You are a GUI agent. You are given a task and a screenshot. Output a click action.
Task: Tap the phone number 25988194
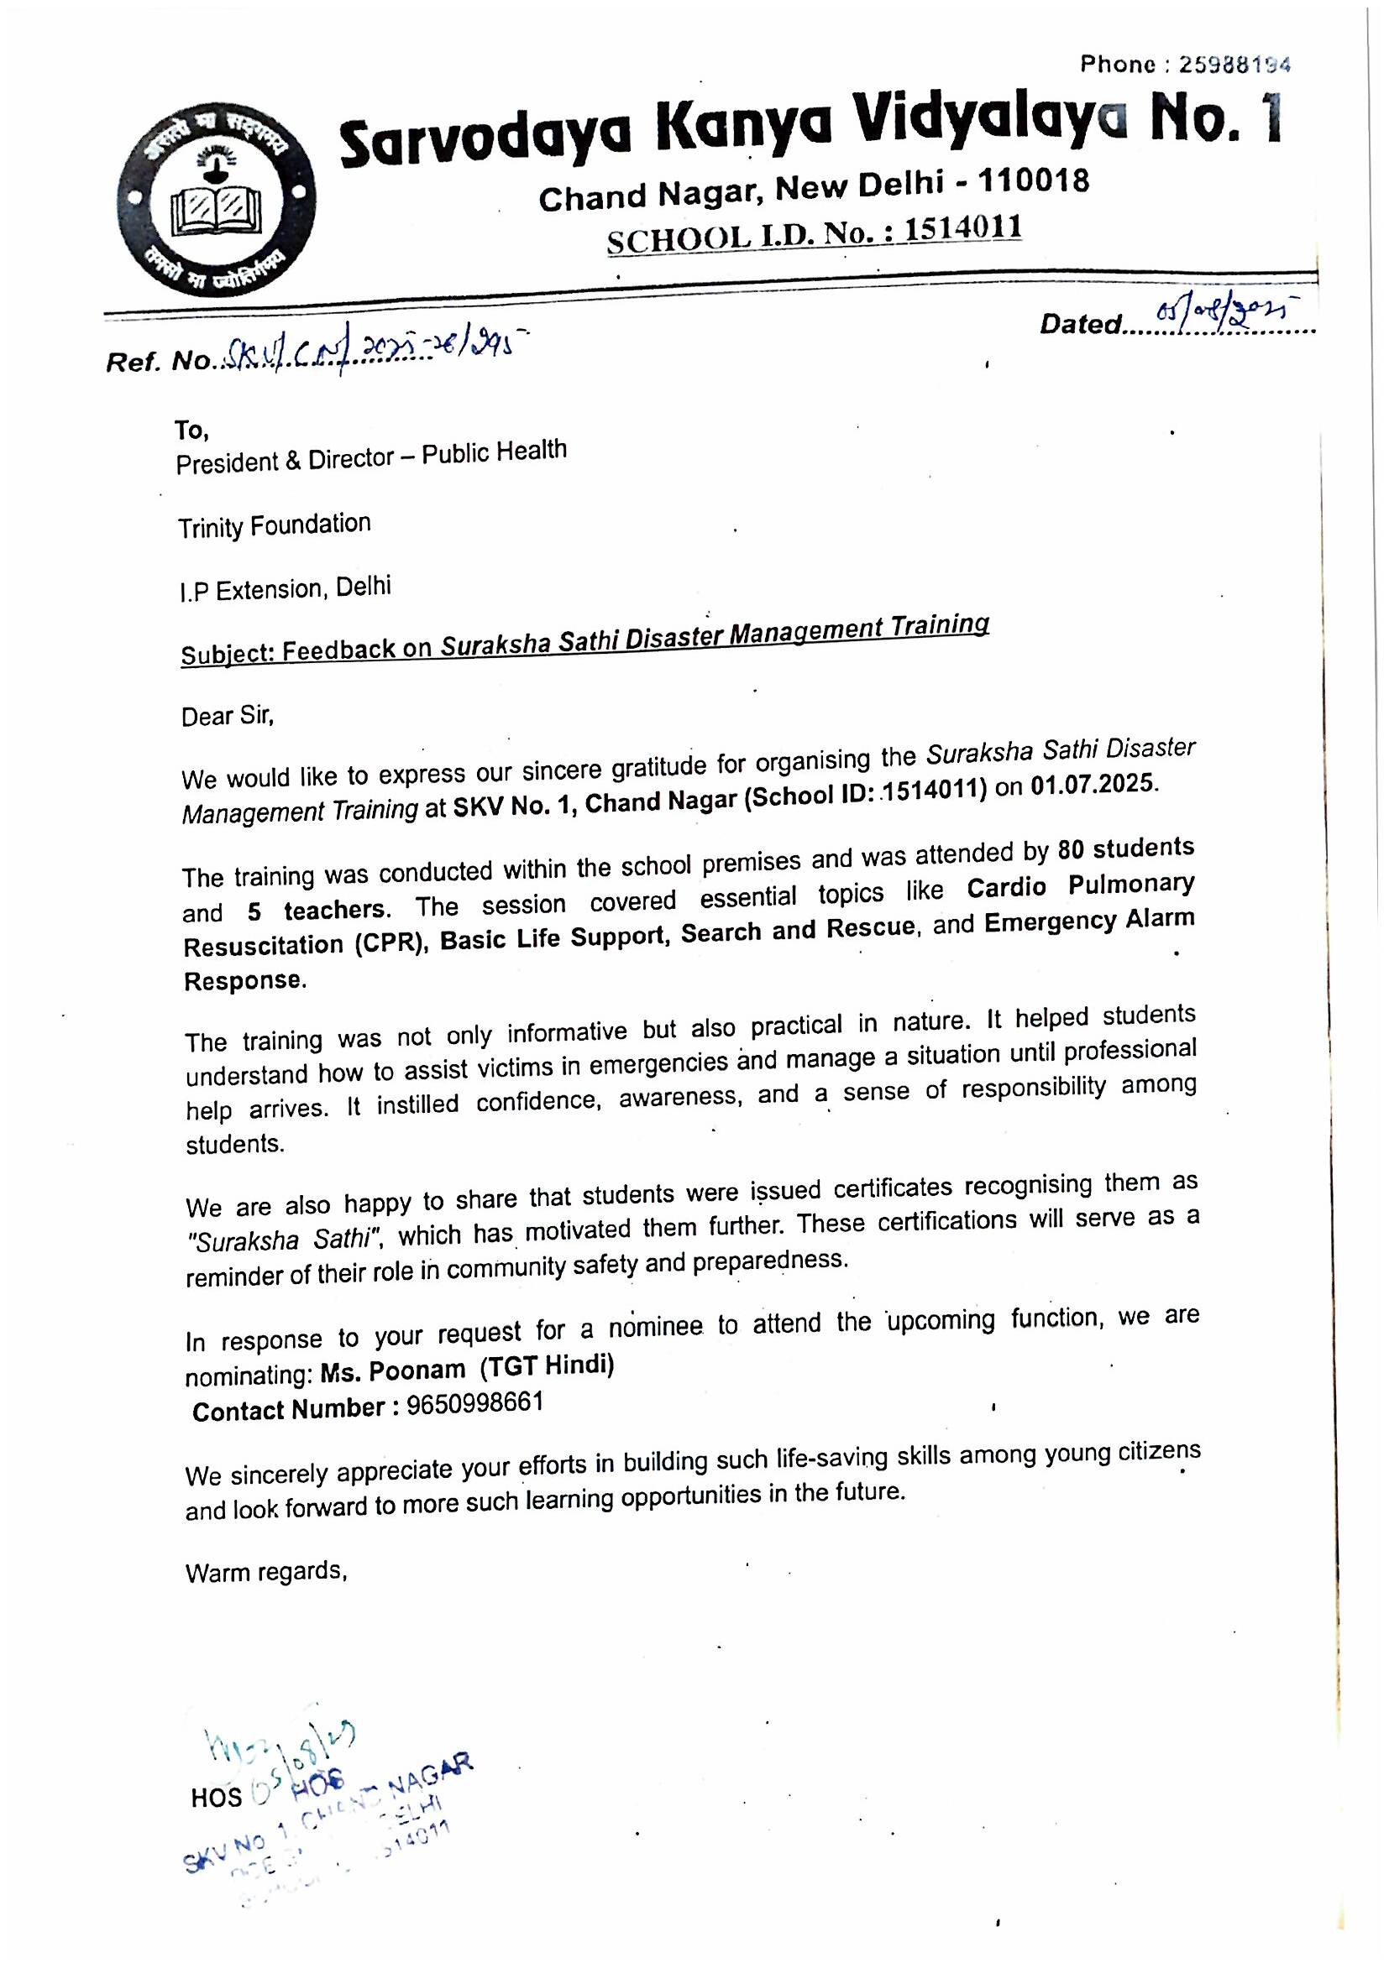(1234, 64)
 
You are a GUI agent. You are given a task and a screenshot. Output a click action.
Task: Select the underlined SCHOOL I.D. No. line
(814, 232)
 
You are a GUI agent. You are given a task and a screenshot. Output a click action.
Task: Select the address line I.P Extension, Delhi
(284, 589)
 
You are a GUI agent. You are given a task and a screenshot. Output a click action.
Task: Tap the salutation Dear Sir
(227, 715)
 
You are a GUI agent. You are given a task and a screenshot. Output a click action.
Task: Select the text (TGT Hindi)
(547, 1367)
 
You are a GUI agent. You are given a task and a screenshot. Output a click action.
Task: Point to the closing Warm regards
(265, 1572)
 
